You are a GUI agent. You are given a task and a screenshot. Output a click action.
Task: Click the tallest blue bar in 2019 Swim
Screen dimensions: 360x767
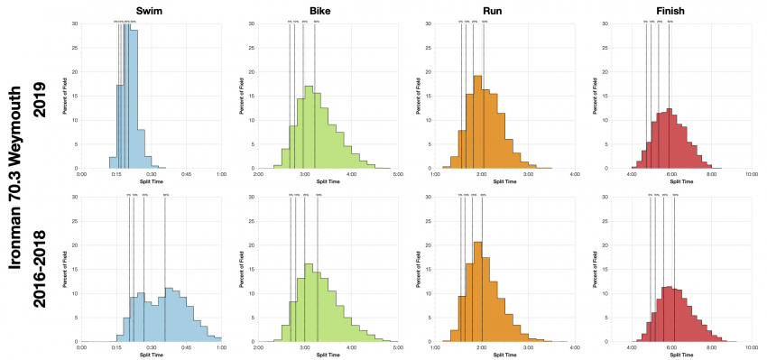click(x=132, y=99)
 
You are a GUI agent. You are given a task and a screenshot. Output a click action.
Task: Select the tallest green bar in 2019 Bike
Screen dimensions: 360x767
click(x=309, y=127)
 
